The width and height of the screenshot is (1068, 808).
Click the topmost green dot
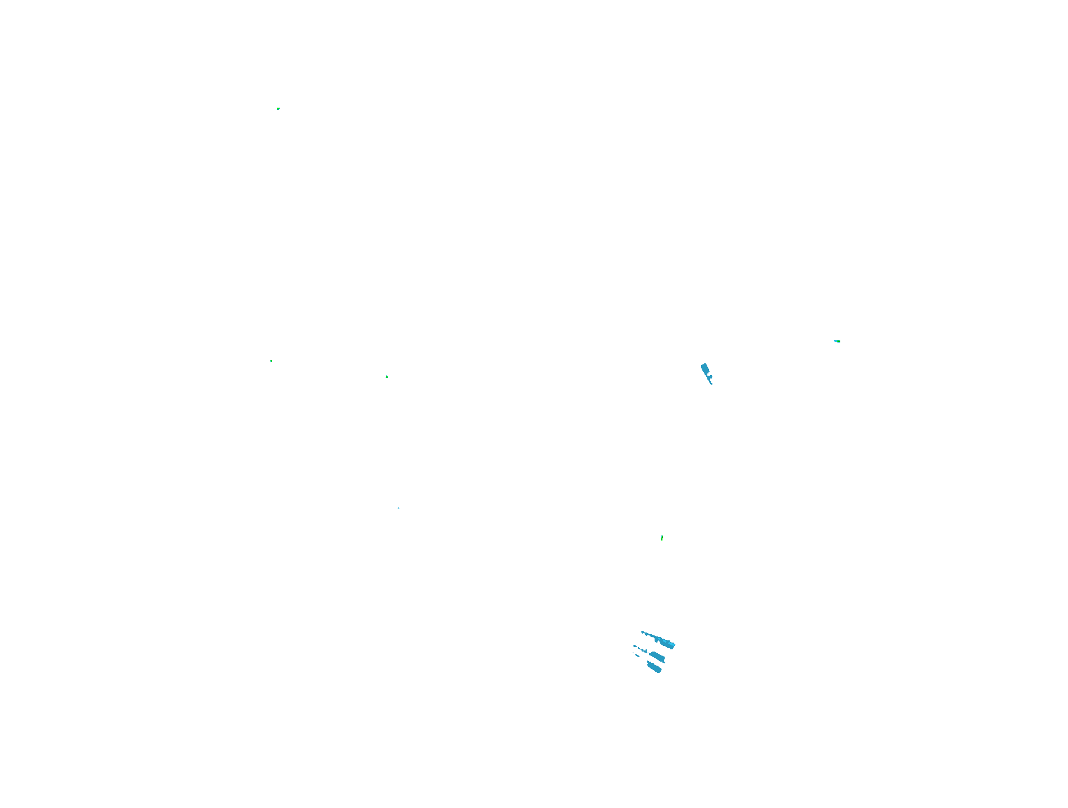(x=278, y=109)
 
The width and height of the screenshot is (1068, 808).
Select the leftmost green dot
(x=271, y=361)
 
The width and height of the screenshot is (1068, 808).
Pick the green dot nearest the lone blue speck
(x=387, y=377)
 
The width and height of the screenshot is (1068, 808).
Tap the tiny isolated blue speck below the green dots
(x=398, y=508)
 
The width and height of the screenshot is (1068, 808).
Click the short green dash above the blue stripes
(x=662, y=538)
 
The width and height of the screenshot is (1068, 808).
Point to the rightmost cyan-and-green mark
(x=837, y=341)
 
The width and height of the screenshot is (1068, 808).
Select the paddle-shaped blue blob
(x=706, y=371)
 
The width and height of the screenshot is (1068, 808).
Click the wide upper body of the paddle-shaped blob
(x=705, y=368)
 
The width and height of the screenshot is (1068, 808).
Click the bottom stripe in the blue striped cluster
(x=654, y=667)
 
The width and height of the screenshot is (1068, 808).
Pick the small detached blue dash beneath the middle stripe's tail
(x=637, y=655)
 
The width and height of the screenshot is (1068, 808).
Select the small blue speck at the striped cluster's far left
(x=634, y=647)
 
